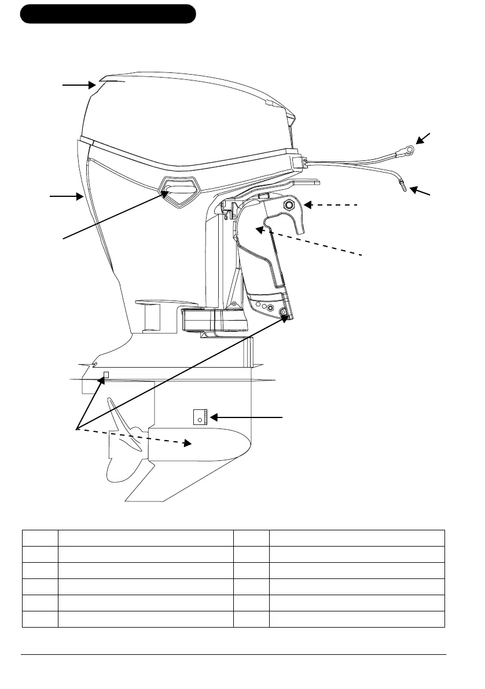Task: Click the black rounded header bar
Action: point(108,14)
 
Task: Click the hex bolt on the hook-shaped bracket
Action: point(289,205)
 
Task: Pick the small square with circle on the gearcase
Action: point(200,416)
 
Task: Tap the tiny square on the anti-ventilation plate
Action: point(105,374)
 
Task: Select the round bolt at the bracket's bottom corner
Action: point(284,313)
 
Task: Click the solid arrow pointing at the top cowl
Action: point(79,85)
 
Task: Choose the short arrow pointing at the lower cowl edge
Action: point(67,197)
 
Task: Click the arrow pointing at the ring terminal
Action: point(423,138)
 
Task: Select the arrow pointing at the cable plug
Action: point(421,192)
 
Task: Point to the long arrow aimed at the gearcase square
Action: point(246,416)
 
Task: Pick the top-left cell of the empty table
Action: point(40,537)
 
